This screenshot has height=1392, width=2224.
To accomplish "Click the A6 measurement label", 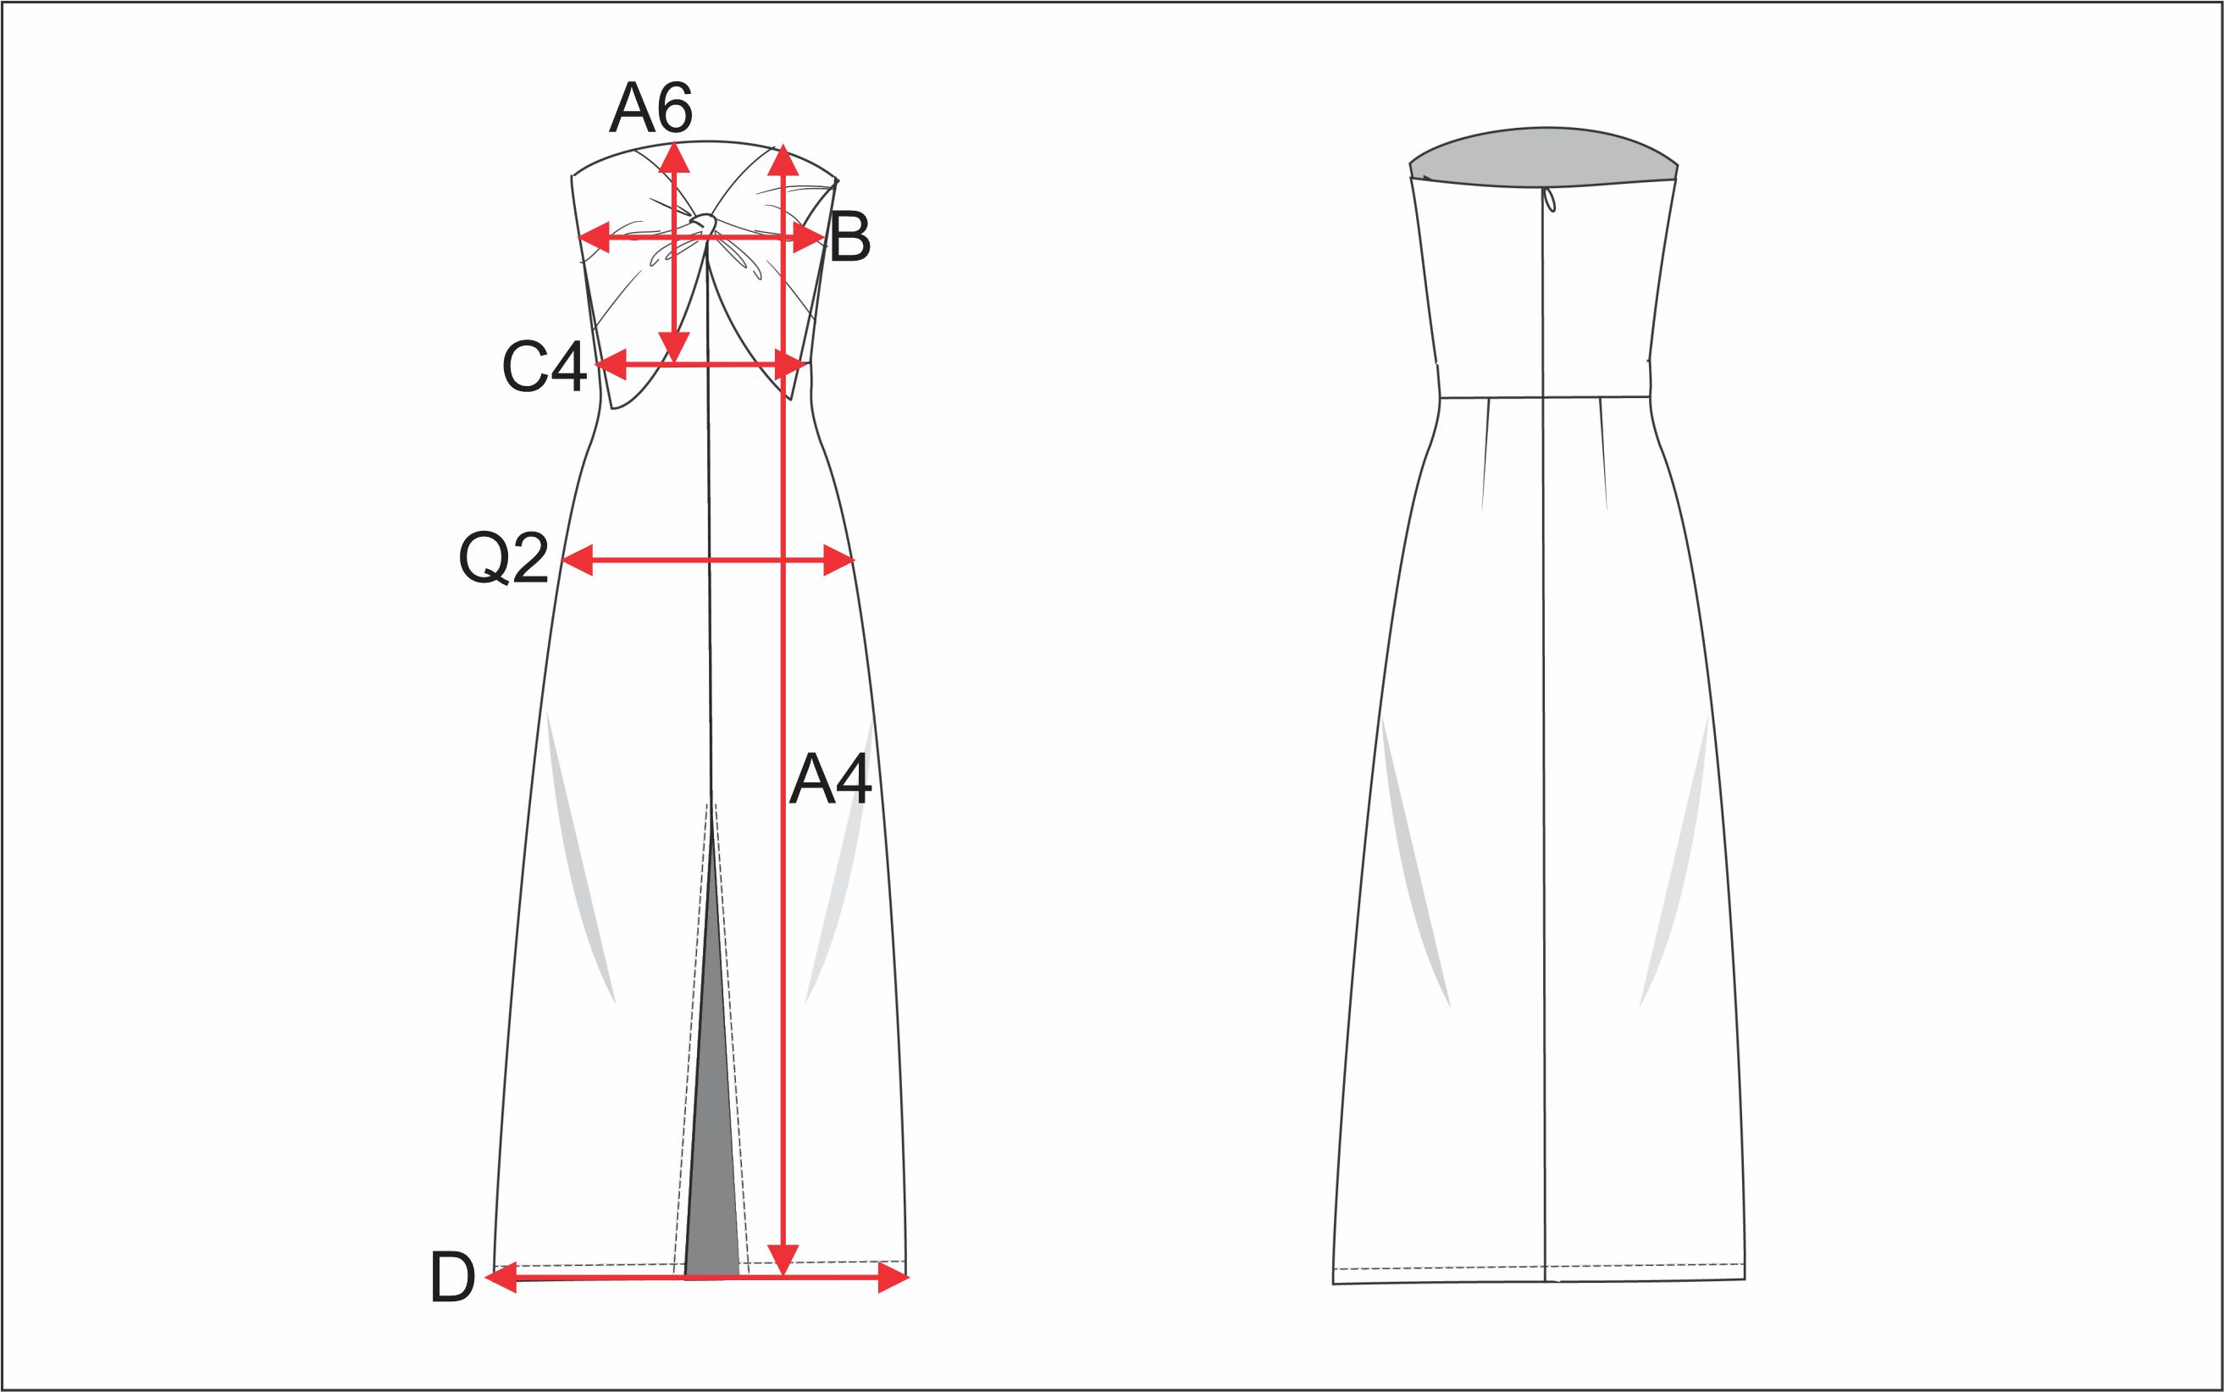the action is (650, 108).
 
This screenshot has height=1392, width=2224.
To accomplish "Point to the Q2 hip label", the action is (504, 559).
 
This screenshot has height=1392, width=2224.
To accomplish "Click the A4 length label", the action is (830, 779).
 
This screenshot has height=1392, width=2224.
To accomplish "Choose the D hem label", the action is (452, 1278).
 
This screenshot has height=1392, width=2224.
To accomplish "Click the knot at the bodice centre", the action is (705, 222).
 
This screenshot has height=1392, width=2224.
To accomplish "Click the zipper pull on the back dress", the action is (1550, 200).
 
